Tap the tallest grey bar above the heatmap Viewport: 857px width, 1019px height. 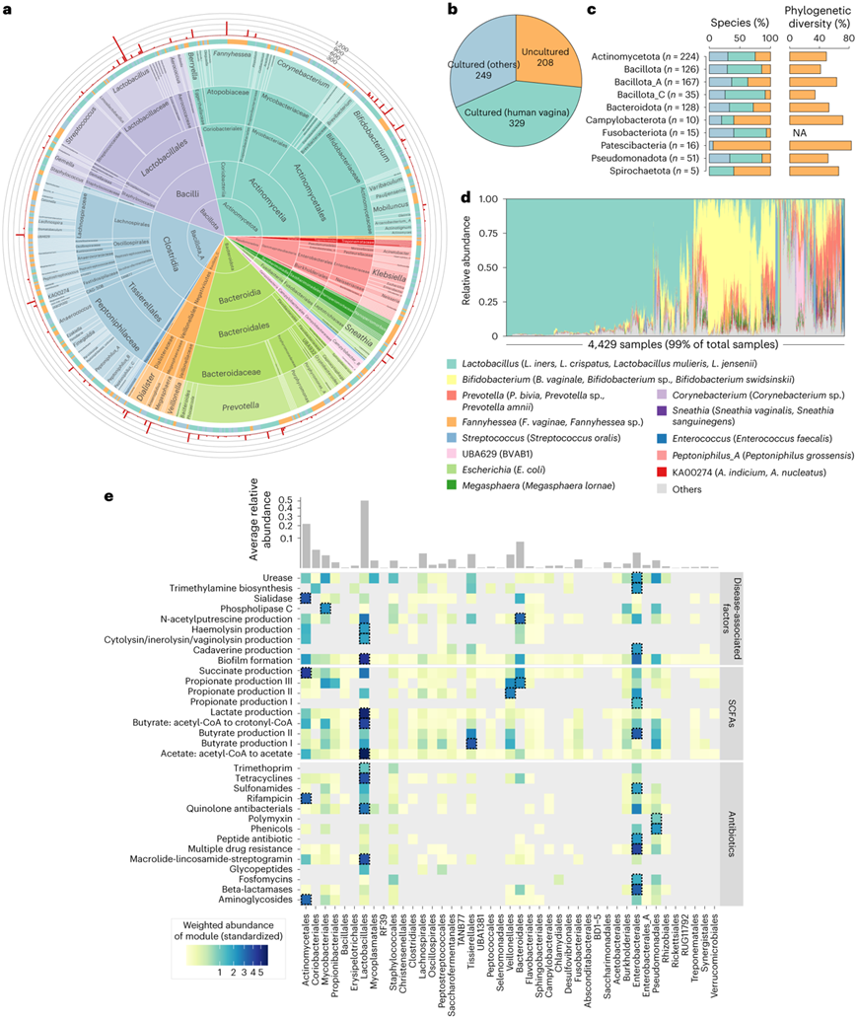pos(364,534)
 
